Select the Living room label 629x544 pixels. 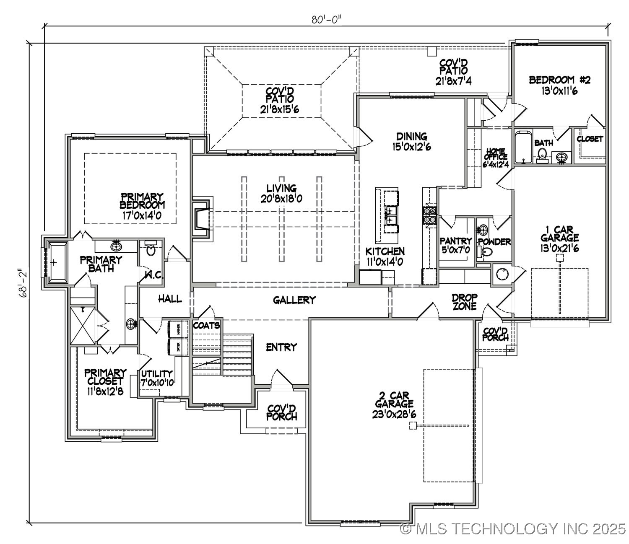281,193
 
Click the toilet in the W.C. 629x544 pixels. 151,249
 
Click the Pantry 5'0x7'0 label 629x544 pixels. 455,245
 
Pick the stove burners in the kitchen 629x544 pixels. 430,215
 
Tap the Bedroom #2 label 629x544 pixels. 559,85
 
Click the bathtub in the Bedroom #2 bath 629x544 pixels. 523,147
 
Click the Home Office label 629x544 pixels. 496,158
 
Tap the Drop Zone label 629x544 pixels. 464,301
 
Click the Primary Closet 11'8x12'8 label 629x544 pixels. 105,381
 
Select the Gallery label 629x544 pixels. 294,300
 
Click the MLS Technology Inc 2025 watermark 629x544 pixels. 512,529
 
